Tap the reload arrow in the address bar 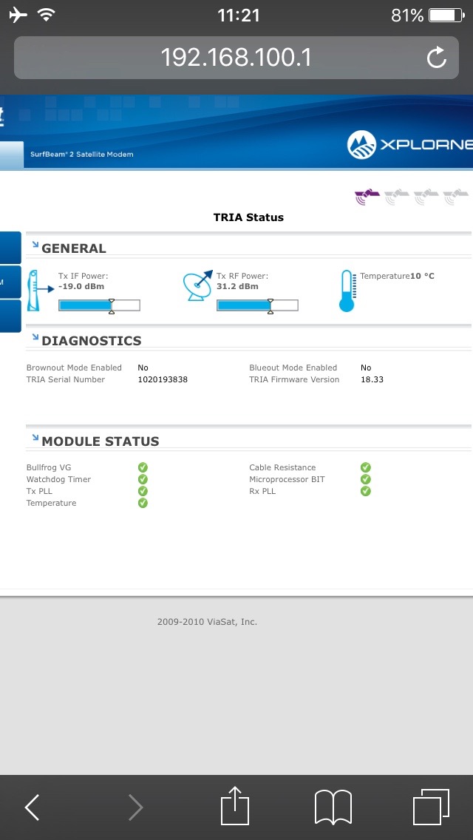437,58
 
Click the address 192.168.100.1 236,58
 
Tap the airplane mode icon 18,15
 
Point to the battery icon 446,15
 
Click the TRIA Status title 248,217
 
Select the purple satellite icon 367,197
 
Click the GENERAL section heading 74,248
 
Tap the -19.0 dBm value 81,287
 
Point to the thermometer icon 347,291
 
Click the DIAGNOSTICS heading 92,341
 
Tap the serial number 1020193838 163,380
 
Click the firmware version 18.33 372,380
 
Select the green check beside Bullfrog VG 143,467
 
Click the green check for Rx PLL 365,491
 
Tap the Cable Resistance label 282,467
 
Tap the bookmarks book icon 333,807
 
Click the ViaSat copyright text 207,622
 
